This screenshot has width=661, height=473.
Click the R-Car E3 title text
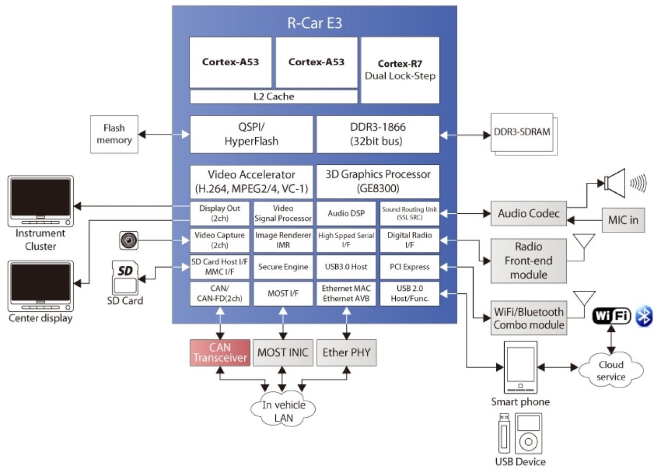click(x=314, y=23)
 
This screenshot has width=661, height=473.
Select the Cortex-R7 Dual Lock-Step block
click(x=400, y=70)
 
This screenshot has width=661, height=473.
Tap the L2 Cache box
click(x=273, y=96)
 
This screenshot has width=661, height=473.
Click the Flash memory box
click(x=114, y=134)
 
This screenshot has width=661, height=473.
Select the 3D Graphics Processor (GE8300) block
click(x=377, y=181)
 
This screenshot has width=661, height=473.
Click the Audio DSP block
click(x=346, y=213)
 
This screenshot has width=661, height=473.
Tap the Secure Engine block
click(x=283, y=267)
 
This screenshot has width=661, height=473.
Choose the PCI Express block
click(x=409, y=267)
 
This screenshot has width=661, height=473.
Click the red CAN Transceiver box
click(x=219, y=352)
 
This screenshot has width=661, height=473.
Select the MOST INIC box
click(x=283, y=352)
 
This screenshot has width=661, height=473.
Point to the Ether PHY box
click(x=346, y=352)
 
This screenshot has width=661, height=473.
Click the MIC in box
click(x=623, y=220)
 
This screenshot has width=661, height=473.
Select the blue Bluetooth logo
click(x=644, y=316)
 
